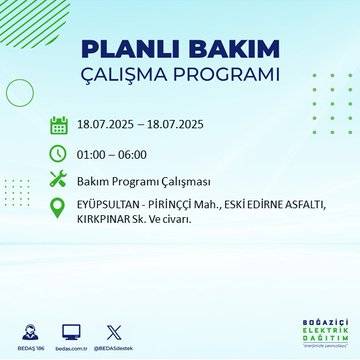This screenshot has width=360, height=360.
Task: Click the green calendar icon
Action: pos(58,126)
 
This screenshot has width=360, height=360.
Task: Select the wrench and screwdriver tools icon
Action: pos(58,180)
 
